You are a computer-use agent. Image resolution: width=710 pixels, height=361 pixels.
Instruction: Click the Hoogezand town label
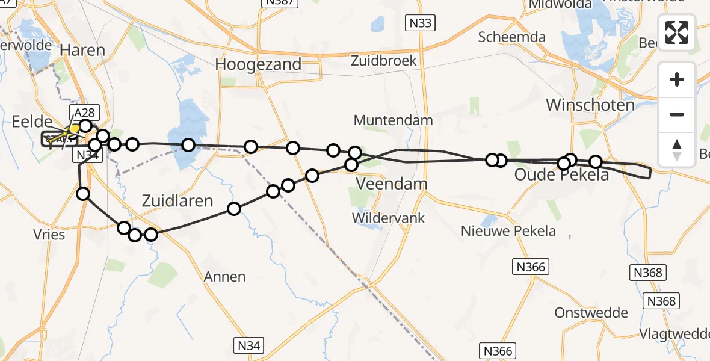pyautogui.click(x=259, y=64)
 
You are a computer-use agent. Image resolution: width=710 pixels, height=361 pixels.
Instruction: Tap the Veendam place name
pyautogui.click(x=392, y=184)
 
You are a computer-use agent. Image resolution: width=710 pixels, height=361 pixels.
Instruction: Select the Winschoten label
pyautogui.click(x=590, y=105)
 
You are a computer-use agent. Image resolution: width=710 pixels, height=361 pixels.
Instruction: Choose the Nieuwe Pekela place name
pyautogui.click(x=508, y=230)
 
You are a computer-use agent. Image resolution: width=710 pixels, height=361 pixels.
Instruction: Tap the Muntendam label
pyautogui.click(x=393, y=120)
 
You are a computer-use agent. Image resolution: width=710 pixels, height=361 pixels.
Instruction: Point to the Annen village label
pyautogui.click(x=225, y=277)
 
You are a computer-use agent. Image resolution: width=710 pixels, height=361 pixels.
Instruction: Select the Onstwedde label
pyautogui.click(x=591, y=313)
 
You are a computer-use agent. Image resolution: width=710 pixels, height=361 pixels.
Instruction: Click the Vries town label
pyautogui.click(x=49, y=235)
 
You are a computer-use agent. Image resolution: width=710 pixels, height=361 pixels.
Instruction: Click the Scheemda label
pyautogui.click(x=511, y=37)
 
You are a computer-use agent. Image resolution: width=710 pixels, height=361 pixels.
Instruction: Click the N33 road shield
pyautogui.click(x=419, y=23)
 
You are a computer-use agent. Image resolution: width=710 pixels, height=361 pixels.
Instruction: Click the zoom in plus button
pyautogui.click(x=677, y=79)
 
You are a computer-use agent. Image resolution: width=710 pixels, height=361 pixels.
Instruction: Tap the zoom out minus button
pyautogui.click(x=677, y=114)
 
